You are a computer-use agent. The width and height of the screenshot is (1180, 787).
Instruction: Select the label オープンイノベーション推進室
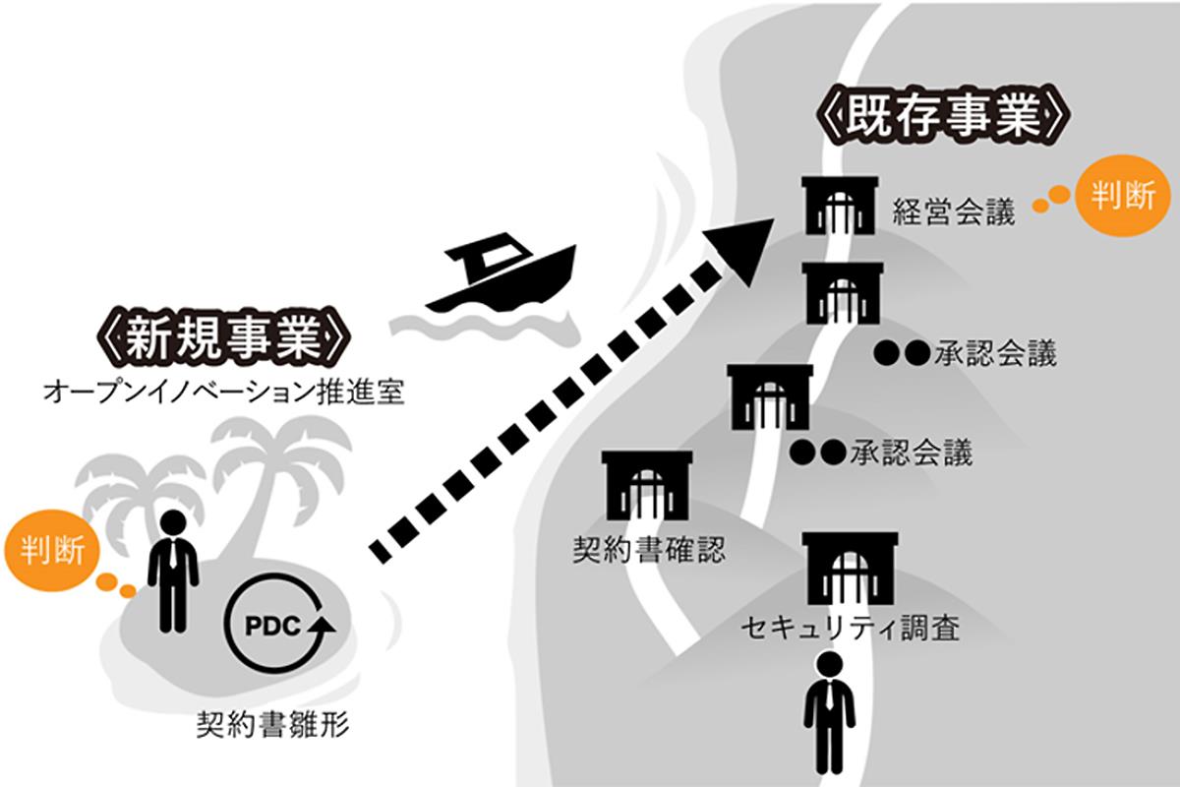click(x=224, y=392)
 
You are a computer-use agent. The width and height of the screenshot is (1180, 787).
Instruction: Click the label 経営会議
click(x=953, y=212)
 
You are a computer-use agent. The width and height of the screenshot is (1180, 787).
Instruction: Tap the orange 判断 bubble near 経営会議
click(x=1122, y=196)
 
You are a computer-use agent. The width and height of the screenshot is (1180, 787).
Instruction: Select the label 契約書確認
click(x=649, y=547)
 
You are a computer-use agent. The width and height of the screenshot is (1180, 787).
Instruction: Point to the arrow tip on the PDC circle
click(x=322, y=624)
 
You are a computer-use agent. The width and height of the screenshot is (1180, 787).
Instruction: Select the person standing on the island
click(x=173, y=571)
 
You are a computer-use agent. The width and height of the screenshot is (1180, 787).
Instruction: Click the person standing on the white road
click(x=830, y=713)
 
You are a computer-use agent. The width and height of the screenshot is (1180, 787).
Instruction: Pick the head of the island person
click(x=173, y=523)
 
